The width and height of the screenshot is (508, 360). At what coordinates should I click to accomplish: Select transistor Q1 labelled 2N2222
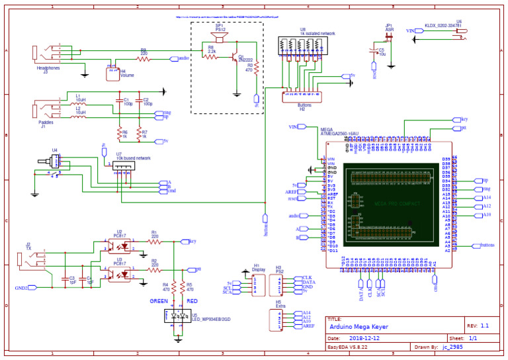pos(237,60)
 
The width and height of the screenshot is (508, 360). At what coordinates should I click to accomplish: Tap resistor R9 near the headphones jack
pos(144,58)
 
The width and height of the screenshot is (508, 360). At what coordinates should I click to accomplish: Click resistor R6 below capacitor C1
pos(120,132)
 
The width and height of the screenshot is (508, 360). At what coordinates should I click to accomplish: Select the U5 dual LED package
pos(176,316)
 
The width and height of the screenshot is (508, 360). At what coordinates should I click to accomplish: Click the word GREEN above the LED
pos(159,300)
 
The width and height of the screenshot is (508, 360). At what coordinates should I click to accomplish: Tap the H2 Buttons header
pos(302,96)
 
